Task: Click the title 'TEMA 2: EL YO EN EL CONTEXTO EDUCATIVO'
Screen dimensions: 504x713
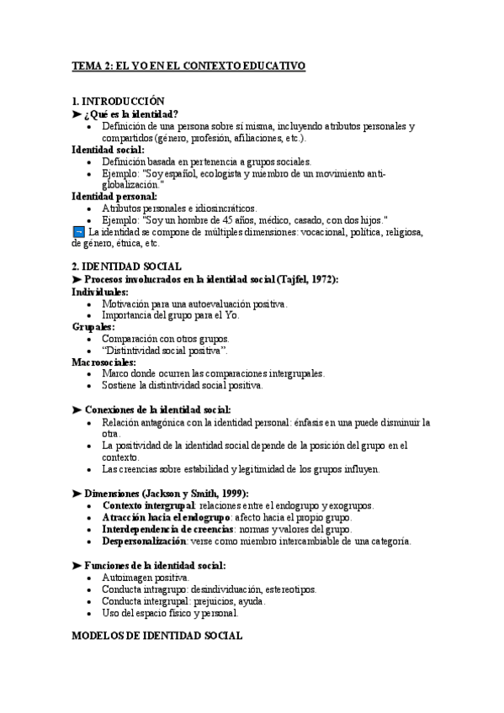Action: [x=188, y=66]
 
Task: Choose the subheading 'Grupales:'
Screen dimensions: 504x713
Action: [x=93, y=326]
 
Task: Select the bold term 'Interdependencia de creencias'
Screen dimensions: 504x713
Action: [x=167, y=531]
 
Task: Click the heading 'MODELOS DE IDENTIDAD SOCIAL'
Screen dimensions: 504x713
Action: [x=157, y=637]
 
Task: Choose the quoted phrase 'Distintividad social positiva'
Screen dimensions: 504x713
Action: [x=164, y=350]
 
